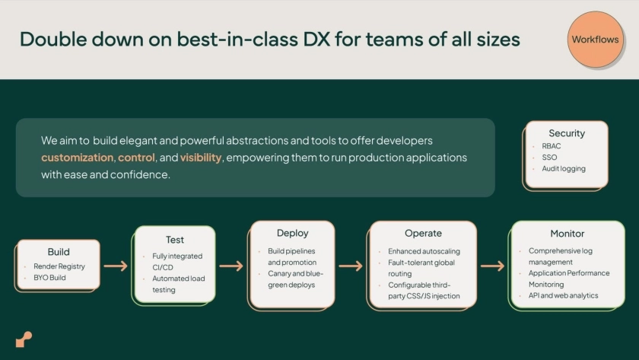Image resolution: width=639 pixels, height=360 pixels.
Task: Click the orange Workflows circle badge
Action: pos(596,39)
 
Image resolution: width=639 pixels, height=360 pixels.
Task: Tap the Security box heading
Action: pos(567,133)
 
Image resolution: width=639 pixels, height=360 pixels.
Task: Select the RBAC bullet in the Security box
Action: pos(552,146)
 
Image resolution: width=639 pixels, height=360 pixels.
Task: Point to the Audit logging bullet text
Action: pos(564,169)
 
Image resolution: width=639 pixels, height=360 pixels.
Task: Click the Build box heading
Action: pos(59,252)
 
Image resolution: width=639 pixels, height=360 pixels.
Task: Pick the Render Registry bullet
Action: pos(59,266)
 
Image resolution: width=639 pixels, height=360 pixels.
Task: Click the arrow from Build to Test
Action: pos(116,266)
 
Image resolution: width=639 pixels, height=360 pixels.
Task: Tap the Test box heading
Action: pos(175,240)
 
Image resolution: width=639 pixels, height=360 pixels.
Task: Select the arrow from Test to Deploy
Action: pos(231,266)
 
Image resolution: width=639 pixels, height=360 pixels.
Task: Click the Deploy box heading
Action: pos(293,233)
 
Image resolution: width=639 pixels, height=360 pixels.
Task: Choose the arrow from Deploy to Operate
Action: pos(351,266)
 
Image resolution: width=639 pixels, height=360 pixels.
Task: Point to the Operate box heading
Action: pos(423,233)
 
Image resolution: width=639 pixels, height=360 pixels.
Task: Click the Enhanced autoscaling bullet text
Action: pos(424,252)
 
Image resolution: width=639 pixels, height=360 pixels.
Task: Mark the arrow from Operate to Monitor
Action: pos(492,266)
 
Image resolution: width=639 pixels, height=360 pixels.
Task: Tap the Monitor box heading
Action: pos(567,234)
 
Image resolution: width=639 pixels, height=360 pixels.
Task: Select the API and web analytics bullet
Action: pos(563,295)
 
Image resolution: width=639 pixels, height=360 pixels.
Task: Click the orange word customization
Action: pos(78,158)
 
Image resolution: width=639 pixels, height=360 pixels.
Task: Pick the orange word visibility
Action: pos(201,158)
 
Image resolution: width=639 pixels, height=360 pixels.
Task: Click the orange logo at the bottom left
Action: pos(24,339)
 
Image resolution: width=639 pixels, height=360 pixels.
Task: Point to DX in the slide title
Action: pos(316,40)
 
